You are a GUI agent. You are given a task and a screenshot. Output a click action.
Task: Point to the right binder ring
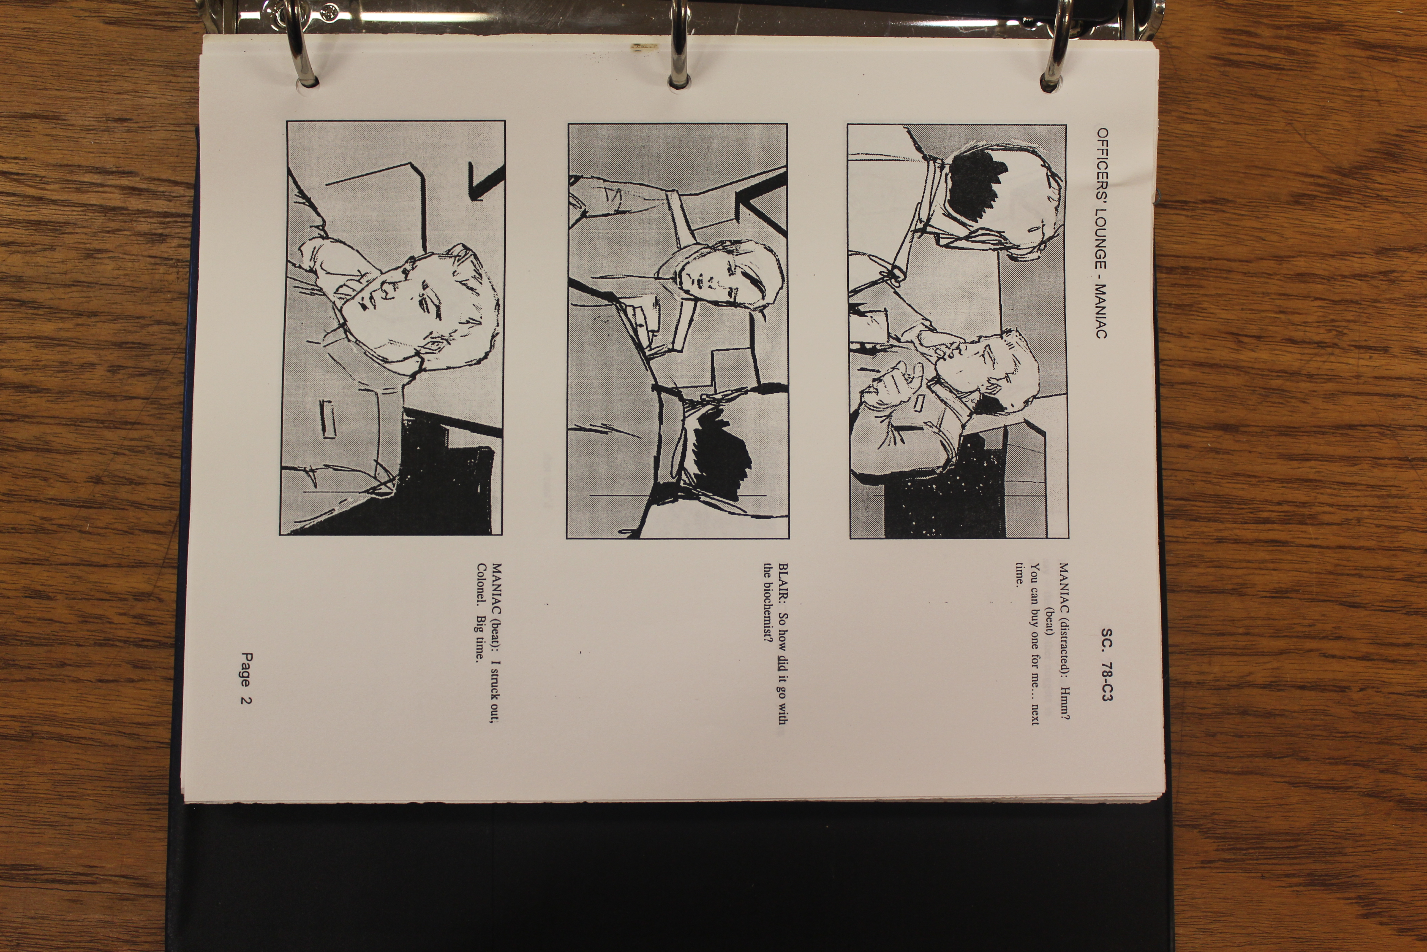pyautogui.click(x=1056, y=45)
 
